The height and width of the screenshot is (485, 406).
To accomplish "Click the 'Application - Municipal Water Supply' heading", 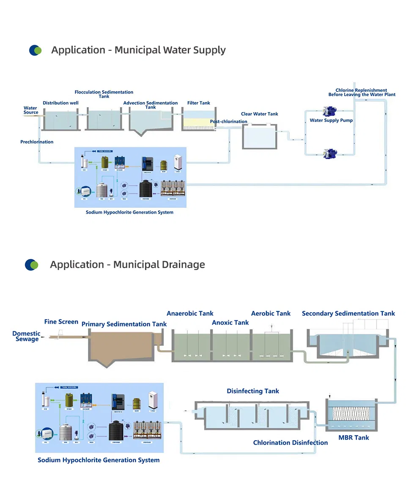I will pyautogui.click(x=138, y=50).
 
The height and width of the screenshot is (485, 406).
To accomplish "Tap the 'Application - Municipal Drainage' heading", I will pyautogui.click(x=127, y=265).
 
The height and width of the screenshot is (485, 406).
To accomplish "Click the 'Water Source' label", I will pyautogui.click(x=30, y=110).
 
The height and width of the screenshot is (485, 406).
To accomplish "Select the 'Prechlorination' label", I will pyautogui.click(x=37, y=142).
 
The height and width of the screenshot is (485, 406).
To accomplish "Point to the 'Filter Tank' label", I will pyautogui.click(x=198, y=103).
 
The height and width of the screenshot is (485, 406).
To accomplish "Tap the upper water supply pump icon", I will pyautogui.click(x=329, y=112).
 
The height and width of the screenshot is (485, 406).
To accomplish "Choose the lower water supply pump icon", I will pyautogui.click(x=329, y=153).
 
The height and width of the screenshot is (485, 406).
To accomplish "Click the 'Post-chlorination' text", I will pyautogui.click(x=228, y=122).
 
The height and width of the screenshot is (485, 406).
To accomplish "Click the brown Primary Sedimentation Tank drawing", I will pyautogui.click(x=121, y=347).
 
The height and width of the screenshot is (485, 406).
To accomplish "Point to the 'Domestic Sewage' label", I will pyautogui.click(x=26, y=336).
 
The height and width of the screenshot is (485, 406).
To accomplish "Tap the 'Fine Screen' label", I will pyautogui.click(x=61, y=322).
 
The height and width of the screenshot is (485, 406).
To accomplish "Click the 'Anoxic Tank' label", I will pyautogui.click(x=230, y=322).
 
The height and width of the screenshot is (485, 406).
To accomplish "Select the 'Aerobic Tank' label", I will pyautogui.click(x=271, y=314).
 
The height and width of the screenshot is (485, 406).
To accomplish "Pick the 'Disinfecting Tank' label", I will pyautogui.click(x=253, y=391).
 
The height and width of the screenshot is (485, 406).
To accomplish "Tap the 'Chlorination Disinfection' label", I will pyautogui.click(x=290, y=443).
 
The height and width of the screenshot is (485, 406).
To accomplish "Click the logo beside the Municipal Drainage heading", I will pyautogui.click(x=31, y=265).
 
